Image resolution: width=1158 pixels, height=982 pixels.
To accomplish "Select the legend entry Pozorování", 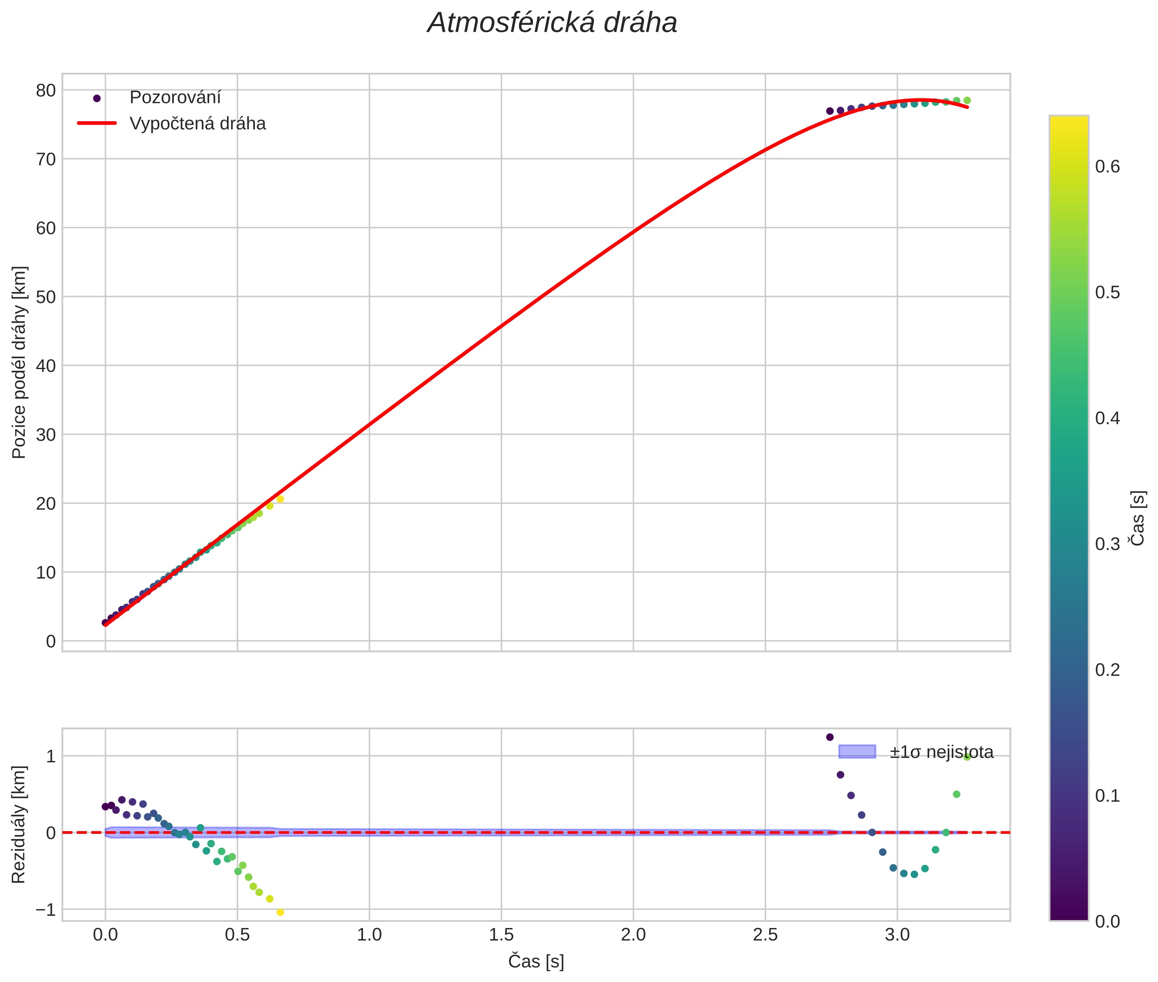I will (x=175, y=98).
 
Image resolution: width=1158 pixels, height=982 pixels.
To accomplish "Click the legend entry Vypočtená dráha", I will (x=197, y=124).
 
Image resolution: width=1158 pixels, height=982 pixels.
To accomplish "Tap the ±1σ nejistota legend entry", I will (x=941, y=752).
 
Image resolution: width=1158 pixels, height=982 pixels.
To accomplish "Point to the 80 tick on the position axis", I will (x=46, y=90).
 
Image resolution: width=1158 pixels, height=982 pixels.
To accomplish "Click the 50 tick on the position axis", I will (x=46, y=297).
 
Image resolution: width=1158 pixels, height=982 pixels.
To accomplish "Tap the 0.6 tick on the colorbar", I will (x=1107, y=166).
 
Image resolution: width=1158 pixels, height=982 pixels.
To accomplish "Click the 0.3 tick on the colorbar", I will (x=1107, y=544).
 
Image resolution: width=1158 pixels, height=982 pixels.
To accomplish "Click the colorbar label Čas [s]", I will (x=1138, y=518).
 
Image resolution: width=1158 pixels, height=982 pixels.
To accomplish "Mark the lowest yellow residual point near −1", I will (x=280, y=912).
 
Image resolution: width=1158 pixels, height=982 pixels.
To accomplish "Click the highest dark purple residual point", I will (x=829, y=737).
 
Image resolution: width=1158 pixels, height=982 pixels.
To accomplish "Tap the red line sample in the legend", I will (x=97, y=123).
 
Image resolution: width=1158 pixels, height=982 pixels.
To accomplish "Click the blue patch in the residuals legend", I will (x=857, y=751).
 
